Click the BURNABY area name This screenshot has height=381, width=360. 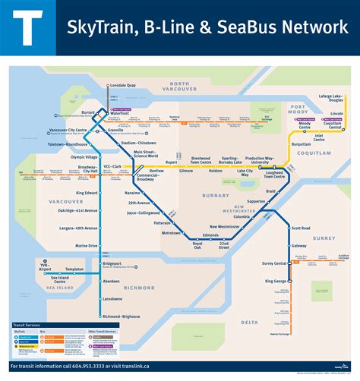(x=216, y=194)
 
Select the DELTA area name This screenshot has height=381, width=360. (x=251, y=322)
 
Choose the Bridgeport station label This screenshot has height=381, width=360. (x=113, y=263)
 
